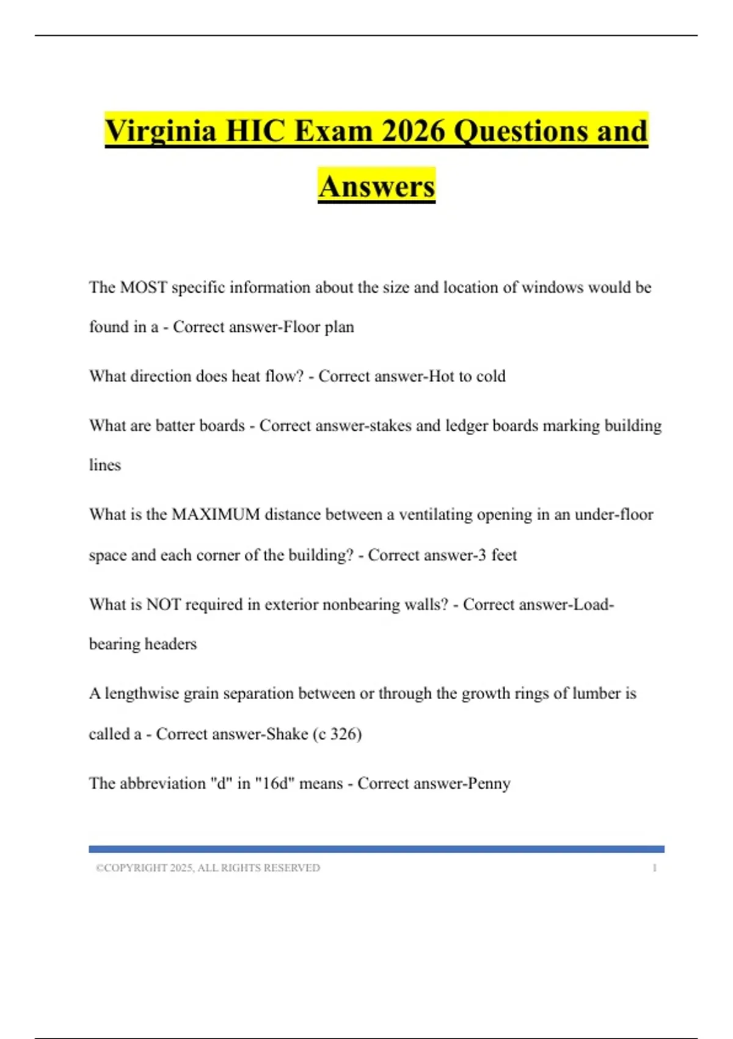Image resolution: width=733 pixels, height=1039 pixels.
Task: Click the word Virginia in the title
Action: coord(160,131)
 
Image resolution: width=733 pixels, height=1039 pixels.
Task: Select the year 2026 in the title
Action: coord(414,131)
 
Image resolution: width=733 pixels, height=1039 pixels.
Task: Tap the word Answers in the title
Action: coord(376,186)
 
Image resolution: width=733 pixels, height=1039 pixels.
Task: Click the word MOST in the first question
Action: coord(144,287)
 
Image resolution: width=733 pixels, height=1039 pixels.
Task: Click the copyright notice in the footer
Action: coord(208,868)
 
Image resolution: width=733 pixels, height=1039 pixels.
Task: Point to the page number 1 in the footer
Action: coord(654,868)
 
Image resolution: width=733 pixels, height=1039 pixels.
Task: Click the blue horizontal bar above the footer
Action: coord(376,849)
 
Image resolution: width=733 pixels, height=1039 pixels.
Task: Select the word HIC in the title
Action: coord(255,131)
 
